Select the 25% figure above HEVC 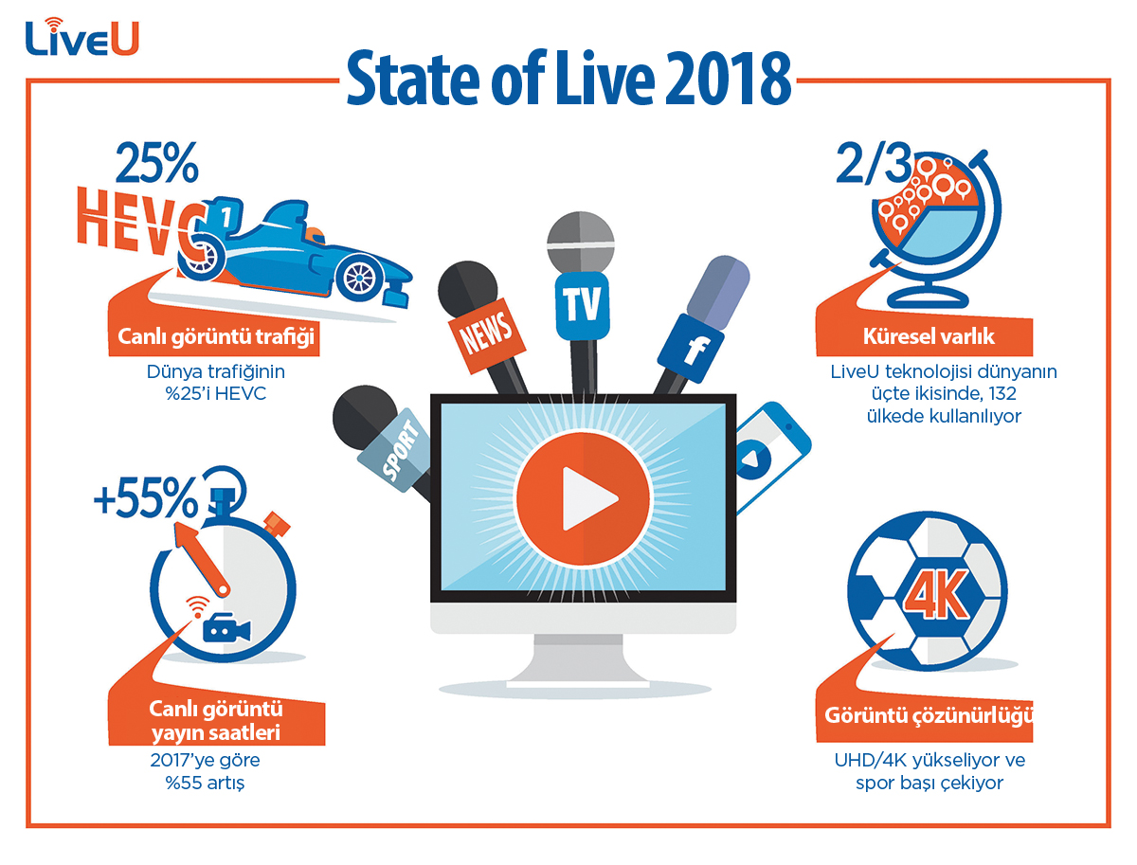(157, 163)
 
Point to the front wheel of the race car (359, 278)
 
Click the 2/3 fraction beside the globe (874, 165)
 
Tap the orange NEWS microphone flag (486, 334)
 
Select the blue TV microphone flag (582, 306)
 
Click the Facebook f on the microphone (696, 351)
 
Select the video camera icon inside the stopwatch (226, 628)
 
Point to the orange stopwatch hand (201, 559)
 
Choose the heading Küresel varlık (929, 336)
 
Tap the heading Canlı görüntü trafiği (216, 336)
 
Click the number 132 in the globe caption (1002, 393)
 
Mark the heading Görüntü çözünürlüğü (928, 715)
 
